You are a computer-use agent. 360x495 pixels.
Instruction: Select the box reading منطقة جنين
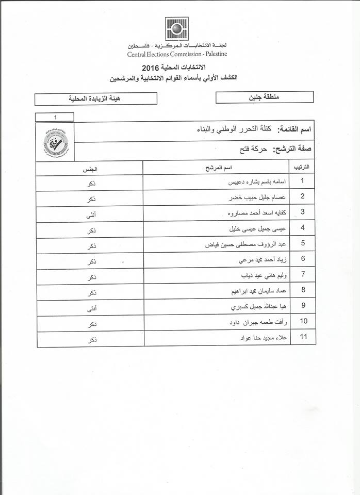(264, 96)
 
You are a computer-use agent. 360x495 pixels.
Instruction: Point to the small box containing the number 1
(54, 117)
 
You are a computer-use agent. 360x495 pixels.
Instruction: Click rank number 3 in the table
(303, 212)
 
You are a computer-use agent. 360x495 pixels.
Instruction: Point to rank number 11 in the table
(303, 338)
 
